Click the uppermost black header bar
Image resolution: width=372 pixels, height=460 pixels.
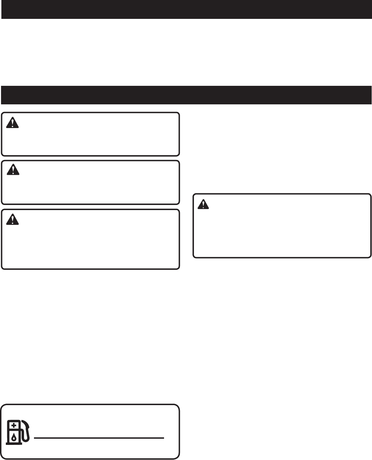tap(186, 9)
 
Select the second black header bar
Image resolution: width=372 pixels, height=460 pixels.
tap(186, 95)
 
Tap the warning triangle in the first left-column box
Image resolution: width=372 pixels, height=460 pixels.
tap(13, 123)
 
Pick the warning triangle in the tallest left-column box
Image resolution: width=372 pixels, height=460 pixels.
tap(13, 219)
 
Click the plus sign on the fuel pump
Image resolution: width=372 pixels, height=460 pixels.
tap(13, 426)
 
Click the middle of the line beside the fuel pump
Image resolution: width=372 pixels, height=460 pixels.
tap(99, 438)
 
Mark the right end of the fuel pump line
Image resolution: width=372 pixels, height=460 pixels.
tap(163, 438)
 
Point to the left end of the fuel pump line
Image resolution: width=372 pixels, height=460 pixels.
tap(35, 438)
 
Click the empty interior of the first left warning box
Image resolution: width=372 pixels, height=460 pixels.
tap(96, 137)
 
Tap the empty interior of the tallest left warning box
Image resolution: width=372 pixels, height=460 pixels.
tap(96, 244)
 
